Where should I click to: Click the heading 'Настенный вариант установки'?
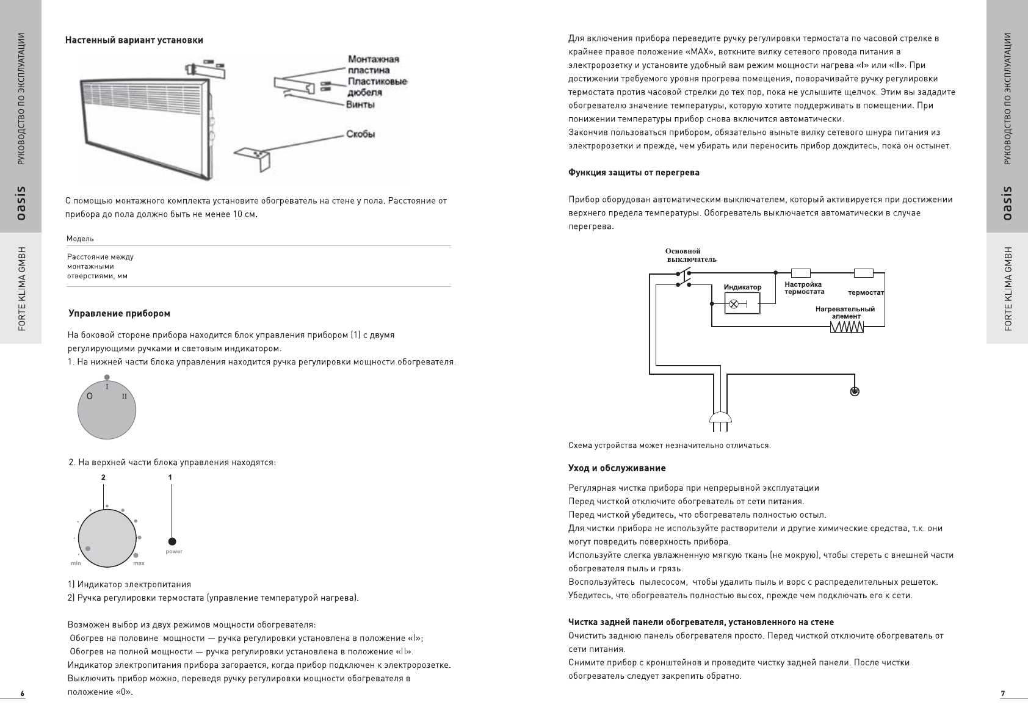pos(134,40)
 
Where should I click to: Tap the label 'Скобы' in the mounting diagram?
pos(360,134)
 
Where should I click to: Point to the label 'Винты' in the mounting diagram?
pos(361,104)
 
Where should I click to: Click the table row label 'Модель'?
pos(80,239)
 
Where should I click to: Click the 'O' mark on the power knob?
pos(90,396)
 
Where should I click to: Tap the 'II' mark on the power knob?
pos(124,396)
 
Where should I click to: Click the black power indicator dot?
pos(172,541)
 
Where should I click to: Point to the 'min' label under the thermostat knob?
pos(76,563)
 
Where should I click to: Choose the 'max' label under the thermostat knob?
pos(139,563)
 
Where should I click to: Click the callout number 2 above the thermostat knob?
pos(103,477)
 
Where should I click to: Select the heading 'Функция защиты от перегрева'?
pos(634,173)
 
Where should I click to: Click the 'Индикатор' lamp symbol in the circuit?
pos(735,303)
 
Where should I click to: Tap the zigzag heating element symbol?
pos(847,328)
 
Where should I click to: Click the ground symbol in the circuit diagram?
pos(855,391)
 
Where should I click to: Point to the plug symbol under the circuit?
pos(721,418)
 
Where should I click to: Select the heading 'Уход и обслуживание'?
pos(617,468)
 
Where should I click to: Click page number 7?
pos(1002,693)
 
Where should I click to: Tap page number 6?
pos(22,693)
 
